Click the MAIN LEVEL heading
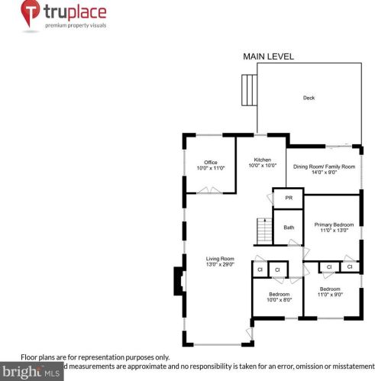point(268,57)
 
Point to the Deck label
point(309,98)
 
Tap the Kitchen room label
point(262,160)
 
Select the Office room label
point(211,162)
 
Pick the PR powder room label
point(289,198)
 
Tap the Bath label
point(289,228)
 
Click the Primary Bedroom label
point(334,224)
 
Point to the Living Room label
point(219,259)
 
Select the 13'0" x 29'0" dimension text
point(219,265)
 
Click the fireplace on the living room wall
point(178,280)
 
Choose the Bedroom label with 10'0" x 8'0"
point(279,294)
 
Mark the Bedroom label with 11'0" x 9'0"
point(330,289)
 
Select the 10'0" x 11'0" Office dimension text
point(211,168)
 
